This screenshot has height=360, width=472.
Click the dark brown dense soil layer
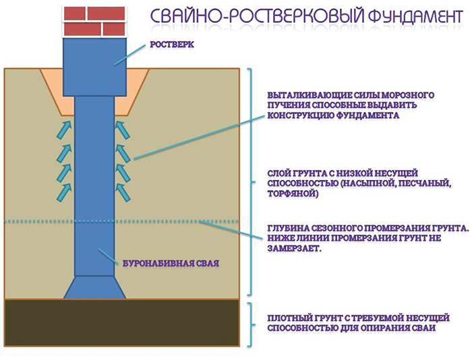[x=122, y=322]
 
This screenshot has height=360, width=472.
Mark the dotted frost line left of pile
[x=37, y=221]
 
